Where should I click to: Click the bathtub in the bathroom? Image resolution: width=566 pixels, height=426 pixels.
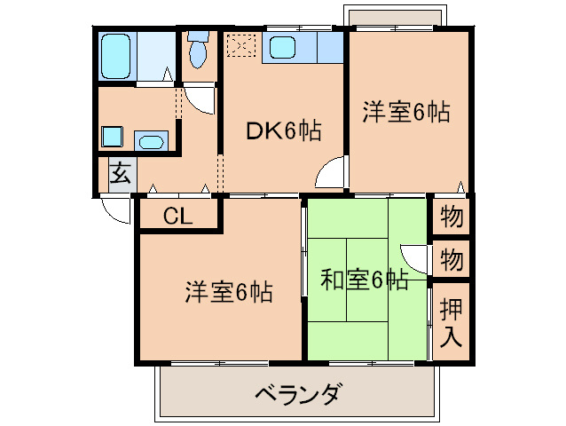(116, 56)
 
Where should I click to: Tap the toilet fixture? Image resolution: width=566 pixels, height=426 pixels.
(197, 51)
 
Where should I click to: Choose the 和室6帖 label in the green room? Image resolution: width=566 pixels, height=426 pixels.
(364, 281)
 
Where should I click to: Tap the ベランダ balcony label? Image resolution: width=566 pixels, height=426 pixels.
(297, 394)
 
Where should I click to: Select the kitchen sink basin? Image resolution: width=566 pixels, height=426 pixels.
(285, 46)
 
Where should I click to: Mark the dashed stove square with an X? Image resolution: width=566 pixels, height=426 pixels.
(240, 44)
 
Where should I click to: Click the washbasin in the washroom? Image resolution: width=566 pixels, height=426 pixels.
(151, 140)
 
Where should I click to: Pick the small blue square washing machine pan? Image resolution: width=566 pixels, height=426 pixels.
(112, 137)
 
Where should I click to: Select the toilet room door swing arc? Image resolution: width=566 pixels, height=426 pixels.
(203, 98)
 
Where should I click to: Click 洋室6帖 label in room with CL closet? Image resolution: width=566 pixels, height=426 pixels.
(228, 290)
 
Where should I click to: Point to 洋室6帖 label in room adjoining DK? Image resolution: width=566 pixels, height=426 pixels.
(405, 113)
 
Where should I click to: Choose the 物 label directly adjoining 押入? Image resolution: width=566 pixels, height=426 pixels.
(452, 260)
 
